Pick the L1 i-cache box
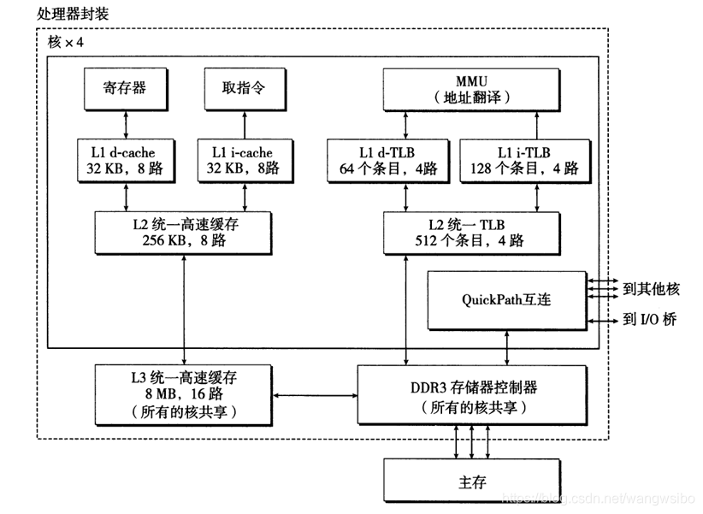point(242,161)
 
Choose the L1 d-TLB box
point(383,161)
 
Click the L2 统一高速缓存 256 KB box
point(185,232)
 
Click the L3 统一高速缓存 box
point(185,394)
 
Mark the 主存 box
point(473,482)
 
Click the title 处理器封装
point(74,15)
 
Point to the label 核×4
point(67,42)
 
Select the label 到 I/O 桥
point(650,320)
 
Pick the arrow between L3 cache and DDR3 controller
point(315,395)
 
